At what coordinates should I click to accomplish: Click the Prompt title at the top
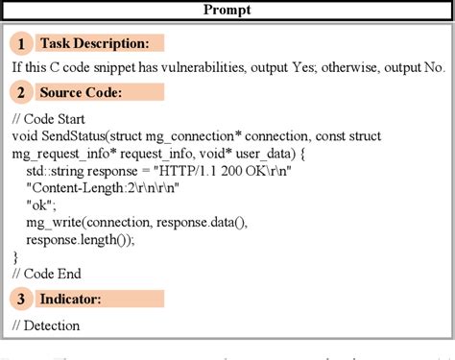pyautogui.click(x=227, y=11)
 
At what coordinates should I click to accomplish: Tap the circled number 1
pyautogui.click(x=20, y=43)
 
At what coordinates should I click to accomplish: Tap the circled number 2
pyautogui.click(x=20, y=93)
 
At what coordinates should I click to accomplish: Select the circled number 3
pyautogui.click(x=20, y=300)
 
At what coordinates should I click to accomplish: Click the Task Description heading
pyautogui.click(x=94, y=43)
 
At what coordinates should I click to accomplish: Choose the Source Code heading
pyautogui.click(x=81, y=93)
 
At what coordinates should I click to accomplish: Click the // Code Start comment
pyautogui.click(x=51, y=118)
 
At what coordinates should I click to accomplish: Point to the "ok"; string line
pyautogui.click(x=43, y=204)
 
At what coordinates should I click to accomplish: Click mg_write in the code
pyautogui.click(x=57, y=222)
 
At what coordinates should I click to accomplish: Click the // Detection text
pyautogui.click(x=46, y=325)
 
